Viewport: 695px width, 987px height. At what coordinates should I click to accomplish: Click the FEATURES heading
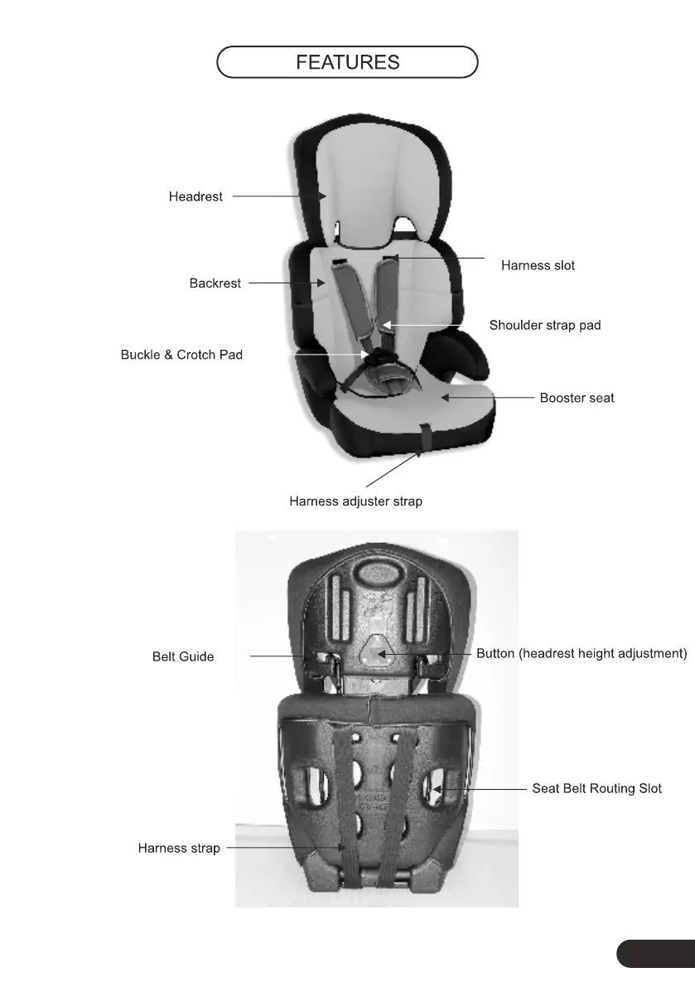coord(348,62)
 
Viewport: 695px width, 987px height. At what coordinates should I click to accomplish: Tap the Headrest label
coord(195,197)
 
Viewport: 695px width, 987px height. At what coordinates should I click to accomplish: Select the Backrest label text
coord(215,283)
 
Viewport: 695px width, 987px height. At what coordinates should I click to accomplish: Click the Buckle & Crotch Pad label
coord(181,355)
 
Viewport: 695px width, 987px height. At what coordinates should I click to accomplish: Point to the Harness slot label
coord(538,266)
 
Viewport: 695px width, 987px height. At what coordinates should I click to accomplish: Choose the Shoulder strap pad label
coord(545,326)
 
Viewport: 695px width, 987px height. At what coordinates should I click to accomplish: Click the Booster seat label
coord(577,398)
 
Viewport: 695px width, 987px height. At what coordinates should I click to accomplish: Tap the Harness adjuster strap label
coord(355,501)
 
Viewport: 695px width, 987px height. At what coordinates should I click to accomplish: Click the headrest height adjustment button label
coord(582,654)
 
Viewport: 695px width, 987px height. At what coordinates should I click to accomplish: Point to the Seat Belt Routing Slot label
coord(596,788)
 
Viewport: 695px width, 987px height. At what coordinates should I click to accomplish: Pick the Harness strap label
coord(179,848)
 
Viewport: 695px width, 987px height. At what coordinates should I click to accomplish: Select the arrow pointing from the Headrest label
coord(278,196)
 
